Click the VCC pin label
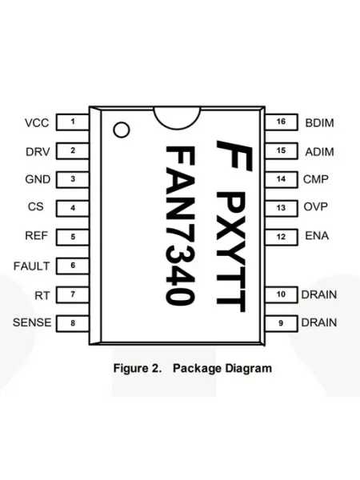(37, 122)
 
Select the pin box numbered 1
(73, 122)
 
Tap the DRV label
(38, 152)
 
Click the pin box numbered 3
(73, 179)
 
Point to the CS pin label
(35, 206)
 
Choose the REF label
(37, 236)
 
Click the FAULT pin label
(31, 266)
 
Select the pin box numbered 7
(73, 294)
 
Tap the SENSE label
(32, 322)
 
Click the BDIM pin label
(319, 122)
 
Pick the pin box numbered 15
(282, 151)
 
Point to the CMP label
(316, 179)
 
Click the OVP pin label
(316, 206)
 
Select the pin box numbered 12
(282, 237)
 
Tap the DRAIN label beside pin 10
(319, 294)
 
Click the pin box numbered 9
(282, 323)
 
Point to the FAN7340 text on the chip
(180, 226)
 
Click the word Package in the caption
(197, 368)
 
